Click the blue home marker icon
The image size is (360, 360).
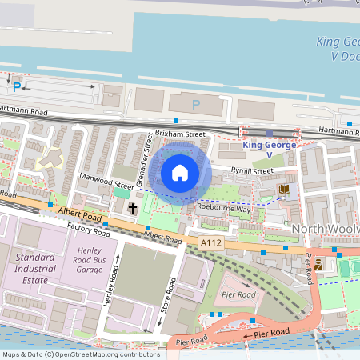pos(179,173)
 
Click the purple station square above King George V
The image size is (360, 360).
pos(269,134)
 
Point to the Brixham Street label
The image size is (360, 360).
pos(180,134)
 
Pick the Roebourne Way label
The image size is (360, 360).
pos(223,208)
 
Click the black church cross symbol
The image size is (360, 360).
pos(133,208)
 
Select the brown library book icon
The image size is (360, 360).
pos(284,189)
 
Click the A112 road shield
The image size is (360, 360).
pos(211,241)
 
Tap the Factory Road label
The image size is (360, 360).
pos(88,230)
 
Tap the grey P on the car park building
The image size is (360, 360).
pos(196,104)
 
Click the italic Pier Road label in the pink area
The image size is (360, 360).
pos(240,294)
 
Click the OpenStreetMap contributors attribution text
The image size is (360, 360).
pos(80,354)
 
